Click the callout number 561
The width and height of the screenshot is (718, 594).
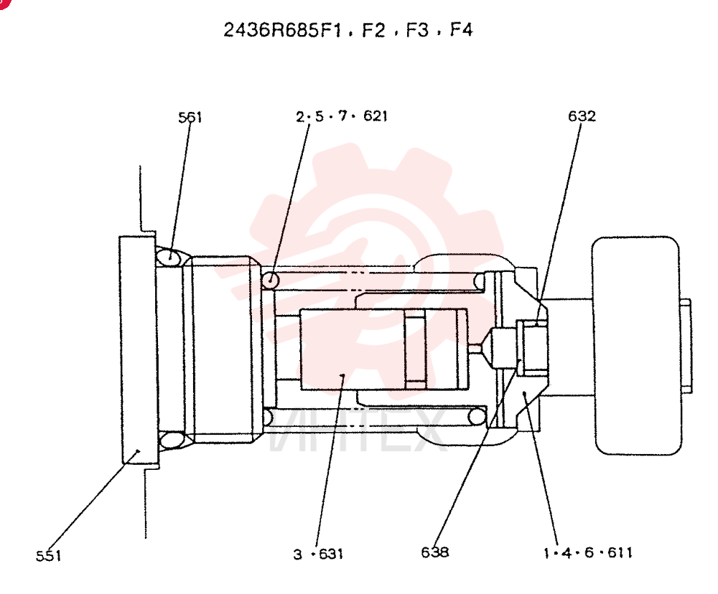point(190,118)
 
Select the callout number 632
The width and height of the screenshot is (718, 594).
point(582,115)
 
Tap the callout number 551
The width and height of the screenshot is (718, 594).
point(49,555)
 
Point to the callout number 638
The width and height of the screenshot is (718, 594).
point(434,552)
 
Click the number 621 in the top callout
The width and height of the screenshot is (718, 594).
point(375,115)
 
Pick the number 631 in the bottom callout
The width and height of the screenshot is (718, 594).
point(330,555)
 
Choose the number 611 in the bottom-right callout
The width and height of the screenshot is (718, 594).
point(620,553)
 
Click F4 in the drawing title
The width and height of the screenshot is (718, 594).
point(461,29)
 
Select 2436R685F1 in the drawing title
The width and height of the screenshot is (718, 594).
point(282,30)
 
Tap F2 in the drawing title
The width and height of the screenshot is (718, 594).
point(373,30)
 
